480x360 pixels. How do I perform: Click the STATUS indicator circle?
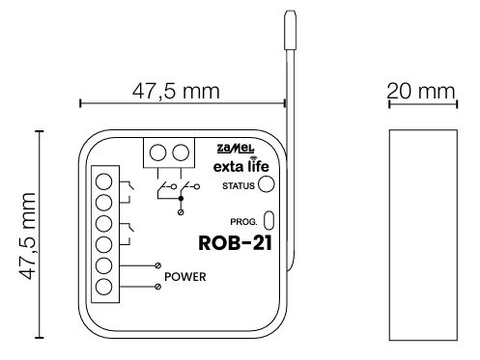click(x=267, y=184)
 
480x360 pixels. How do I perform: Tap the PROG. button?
click(x=268, y=220)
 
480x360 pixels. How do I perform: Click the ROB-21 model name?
click(x=236, y=243)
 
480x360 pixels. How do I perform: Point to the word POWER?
click(x=185, y=277)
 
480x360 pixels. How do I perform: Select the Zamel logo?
click(x=236, y=149)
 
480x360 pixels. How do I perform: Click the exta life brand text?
click(x=241, y=166)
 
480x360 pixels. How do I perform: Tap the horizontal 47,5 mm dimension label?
click(x=176, y=91)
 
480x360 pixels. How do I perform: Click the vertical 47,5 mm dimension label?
click(x=27, y=235)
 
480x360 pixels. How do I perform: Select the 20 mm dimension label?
click(x=421, y=92)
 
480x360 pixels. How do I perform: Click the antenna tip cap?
click(x=290, y=30)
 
